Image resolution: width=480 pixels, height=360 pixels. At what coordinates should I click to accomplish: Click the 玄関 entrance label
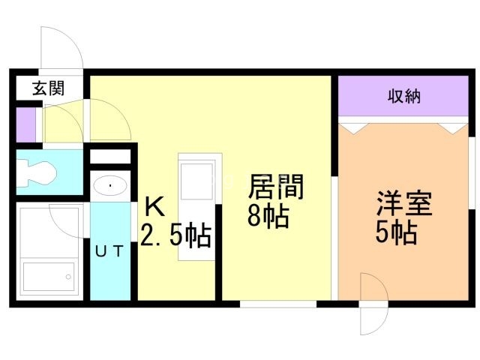(48, 88)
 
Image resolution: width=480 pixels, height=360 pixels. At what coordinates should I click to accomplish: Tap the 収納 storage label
(403, 96)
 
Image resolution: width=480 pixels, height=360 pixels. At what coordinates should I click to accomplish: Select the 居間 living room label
(276, 187)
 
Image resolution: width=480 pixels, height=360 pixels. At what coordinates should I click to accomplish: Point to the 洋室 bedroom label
(403, 203)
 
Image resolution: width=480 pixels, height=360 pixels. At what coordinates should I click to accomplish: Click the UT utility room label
(109, 251)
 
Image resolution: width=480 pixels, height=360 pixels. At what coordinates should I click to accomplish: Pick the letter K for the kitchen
(154, 207)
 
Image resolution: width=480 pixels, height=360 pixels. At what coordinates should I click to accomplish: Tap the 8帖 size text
(268, 216)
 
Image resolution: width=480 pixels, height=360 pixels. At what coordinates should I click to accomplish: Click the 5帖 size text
(396, 232)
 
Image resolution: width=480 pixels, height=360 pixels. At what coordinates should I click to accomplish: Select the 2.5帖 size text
(175, 235)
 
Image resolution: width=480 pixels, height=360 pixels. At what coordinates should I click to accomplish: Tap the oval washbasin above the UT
(110, 185)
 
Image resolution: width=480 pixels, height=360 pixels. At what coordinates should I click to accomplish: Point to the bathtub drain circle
(68, 277)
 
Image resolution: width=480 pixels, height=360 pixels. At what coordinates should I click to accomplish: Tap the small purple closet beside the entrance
(25, 125)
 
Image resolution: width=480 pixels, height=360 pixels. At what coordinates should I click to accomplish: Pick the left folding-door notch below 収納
(353, 128)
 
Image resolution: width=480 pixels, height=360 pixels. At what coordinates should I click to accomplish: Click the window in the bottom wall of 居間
(278, 304)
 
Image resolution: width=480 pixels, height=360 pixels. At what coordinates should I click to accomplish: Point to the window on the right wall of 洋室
(472, 172)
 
